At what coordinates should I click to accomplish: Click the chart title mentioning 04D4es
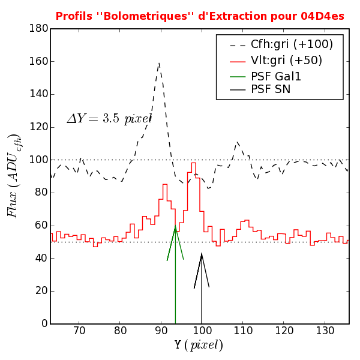[x=200, y=16]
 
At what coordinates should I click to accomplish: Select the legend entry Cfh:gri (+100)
[x=291, y=44]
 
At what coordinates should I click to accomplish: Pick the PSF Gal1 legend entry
[x=275, y=76]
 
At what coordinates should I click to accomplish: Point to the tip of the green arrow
[x=175, y=226]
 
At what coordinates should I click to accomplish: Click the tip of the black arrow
[x=202, y=253]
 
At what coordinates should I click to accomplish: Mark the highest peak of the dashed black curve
[x=159, y=62]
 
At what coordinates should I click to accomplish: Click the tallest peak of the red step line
[x=193, y=163]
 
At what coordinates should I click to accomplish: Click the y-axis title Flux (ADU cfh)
[x=13, y=175]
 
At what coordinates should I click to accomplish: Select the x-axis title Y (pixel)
[x=199, y=345]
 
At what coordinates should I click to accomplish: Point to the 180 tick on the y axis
[x=38, y=29]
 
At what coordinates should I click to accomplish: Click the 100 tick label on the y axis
[x=38, y=160]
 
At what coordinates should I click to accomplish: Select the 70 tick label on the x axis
[x=79, y=331]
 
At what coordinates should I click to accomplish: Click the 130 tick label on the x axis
[x=325, y=331]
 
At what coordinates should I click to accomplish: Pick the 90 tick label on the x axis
[x=161, y=331]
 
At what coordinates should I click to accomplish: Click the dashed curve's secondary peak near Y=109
[x=237, y=142]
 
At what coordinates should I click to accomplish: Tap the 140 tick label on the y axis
[x=38, y=94]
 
